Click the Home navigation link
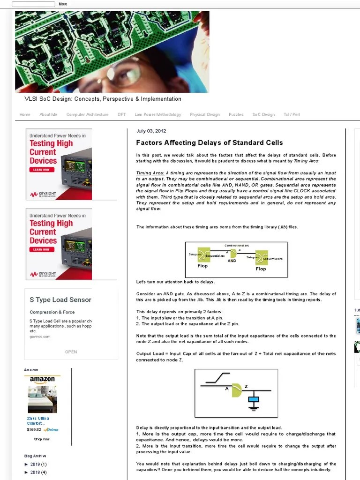pos(25,114)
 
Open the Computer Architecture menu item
pos(87,114)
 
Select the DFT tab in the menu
pos(121,114)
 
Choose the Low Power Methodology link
pos(157,114)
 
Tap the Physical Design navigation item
pos(204,114)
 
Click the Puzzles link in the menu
pos(236,114)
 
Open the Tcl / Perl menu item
pos(292,114)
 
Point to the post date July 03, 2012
pos(151,131)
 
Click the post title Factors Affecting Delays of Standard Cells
pos(209,142)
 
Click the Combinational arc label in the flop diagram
pos(237,245)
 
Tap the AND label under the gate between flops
pos(232,261)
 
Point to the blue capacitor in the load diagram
pos(254,400)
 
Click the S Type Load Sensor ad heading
pos(60,300)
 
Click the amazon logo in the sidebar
pos(42,379)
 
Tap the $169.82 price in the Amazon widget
pos(34,429)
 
